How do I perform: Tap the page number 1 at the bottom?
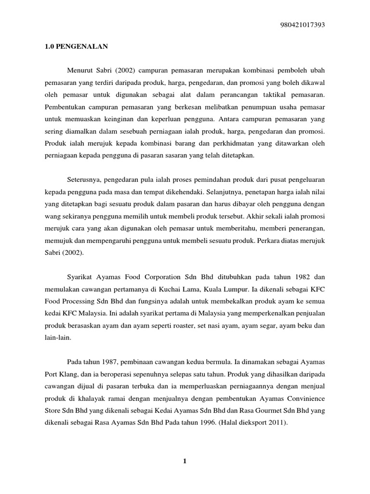(184, 461)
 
